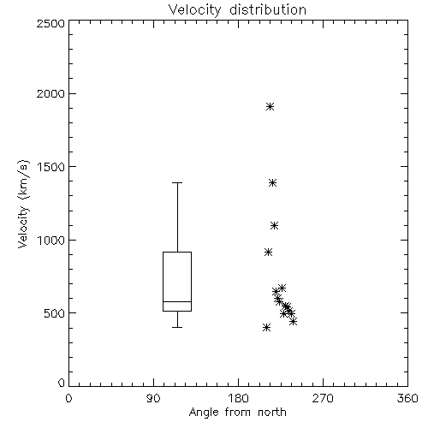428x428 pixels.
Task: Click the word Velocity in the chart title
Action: [x=194, y=10]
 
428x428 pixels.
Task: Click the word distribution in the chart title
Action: [x=268, y=9]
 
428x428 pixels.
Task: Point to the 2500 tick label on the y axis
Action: [x=51, y=23]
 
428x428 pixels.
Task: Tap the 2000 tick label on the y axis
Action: [x=51, y=93]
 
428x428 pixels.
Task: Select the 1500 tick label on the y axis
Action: [x=51, y=167]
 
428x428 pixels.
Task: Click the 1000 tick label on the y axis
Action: [x=51, y=241]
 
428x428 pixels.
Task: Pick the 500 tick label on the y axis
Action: [x=55, y=313]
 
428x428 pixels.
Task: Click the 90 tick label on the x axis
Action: [x=153, y=398]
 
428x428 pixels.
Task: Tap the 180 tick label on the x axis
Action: [x=238, y=398]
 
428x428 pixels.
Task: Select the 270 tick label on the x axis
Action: [x=323, y=398]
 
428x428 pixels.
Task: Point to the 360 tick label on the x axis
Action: [x=407, y=398]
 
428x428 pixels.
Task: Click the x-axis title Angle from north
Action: [x=238, y=413]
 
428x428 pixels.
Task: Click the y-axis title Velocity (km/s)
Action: [x=23, y=204]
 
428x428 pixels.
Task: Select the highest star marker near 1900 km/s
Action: [x=270, y=107]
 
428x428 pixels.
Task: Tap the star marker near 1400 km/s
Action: [x=272, y=182]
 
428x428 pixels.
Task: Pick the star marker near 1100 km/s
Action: [x=274, y=226]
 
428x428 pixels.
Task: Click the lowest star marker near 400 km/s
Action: [x=266, y=327]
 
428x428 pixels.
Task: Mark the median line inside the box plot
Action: [x=177, y=301]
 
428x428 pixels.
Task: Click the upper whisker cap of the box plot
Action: [x=177, y=182]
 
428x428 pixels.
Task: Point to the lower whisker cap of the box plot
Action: [x=177, y=327]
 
